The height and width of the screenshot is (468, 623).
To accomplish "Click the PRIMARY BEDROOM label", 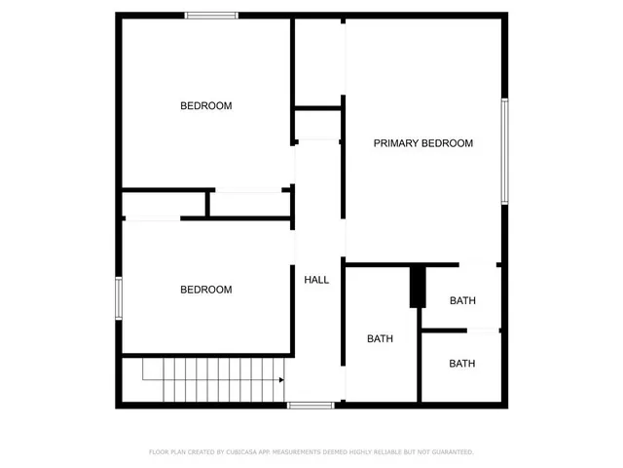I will click(423, 143).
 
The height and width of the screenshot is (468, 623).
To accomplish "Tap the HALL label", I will click(317, 280).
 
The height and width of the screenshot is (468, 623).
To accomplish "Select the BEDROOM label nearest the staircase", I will click(206, 290).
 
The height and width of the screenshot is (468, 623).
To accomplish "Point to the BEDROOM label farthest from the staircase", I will click(206, 105).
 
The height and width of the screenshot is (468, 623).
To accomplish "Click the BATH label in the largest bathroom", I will click(380, 339).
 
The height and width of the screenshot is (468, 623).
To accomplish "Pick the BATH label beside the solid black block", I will click(462, 300).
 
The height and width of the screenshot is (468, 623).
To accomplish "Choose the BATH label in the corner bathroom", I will click(462, 364).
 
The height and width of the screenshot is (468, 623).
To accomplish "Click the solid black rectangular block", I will click(418, 287).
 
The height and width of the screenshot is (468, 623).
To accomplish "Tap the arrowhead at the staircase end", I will click(281, 380).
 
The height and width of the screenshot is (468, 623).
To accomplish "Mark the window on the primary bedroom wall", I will click(504, 151).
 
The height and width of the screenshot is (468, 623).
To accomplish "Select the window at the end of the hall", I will click(311, 405).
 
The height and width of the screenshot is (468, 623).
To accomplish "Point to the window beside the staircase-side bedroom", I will click(119, 298).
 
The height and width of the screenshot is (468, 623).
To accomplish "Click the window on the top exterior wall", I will click(212, 15).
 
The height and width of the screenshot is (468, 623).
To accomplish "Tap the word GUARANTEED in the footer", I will click(450, 452).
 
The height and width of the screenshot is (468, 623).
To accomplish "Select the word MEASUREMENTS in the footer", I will click(304, 452).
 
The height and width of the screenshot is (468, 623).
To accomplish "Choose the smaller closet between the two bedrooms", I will click(165, 205).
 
